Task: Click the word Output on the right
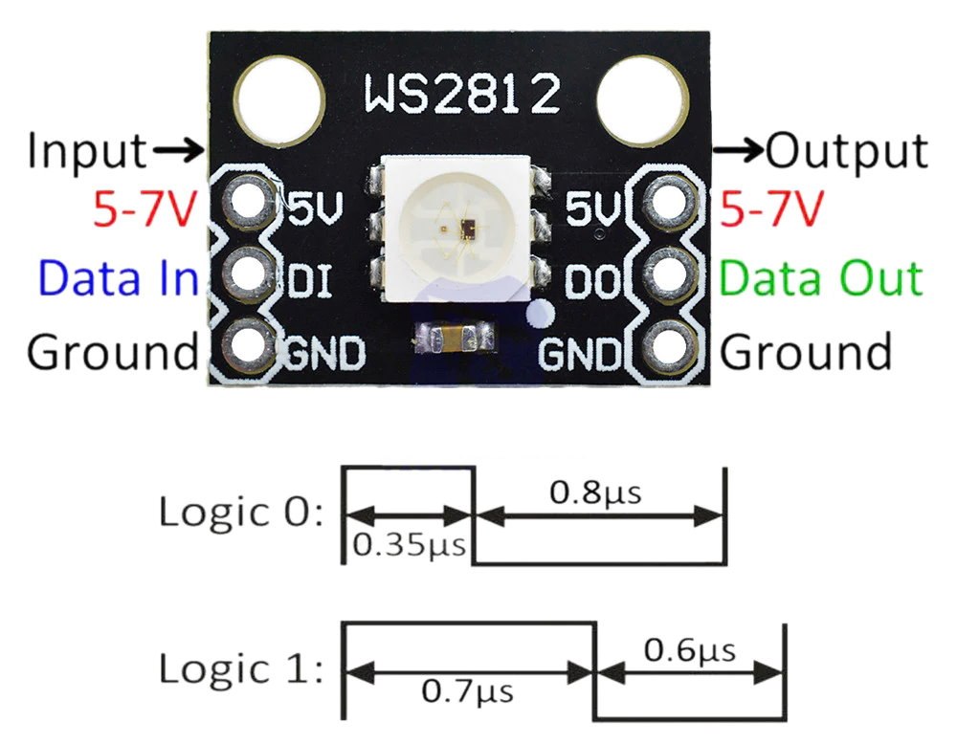(848, 150)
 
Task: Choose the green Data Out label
(821, 278)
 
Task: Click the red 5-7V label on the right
(772, 208)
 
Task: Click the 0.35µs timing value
(409, 546)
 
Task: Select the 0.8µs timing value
(594, 493)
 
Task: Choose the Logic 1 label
(241, 668)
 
